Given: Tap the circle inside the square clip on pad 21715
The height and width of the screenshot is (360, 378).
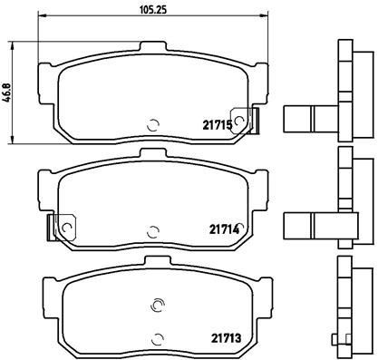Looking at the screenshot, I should point(240,118).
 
